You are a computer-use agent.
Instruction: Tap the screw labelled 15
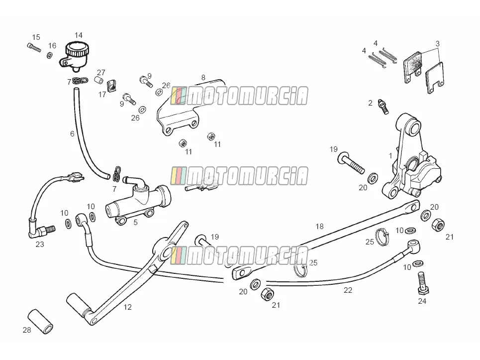[34, 48]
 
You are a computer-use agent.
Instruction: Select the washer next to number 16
[49, 56]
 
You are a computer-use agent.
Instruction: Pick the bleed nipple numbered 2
[384, 107]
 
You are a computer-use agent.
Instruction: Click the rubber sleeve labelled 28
[41, 322]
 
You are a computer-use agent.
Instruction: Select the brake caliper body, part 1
[410, 159]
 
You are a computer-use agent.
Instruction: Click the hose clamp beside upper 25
[382, 237]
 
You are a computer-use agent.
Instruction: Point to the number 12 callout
[128, 307]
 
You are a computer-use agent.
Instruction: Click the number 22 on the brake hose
[348, 290]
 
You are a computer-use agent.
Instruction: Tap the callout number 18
[320, 226]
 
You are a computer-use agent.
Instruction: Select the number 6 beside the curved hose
[72, 133]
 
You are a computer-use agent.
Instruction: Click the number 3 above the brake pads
[437, 43]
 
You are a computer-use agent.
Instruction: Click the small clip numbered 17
[111, 86]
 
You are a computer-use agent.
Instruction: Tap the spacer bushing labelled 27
[98, 80]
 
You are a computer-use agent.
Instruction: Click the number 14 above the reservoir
[79, 35]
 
